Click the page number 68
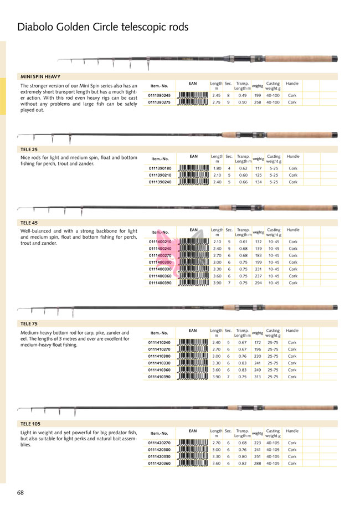point(20,492)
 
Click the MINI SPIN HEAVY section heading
point(40,76)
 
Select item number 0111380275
point(159,102)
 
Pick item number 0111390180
point(161,168)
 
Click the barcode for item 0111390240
point(193,182)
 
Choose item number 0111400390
point(161,282)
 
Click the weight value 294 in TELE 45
point(258,282)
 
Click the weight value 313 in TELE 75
point(258,377)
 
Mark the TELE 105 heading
point(30,424)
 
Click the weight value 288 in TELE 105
point(258,463)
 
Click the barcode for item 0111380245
point(193,95)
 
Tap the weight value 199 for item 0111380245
point(258,95)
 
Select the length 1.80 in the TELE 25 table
point(217,168)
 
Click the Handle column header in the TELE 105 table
point(293,431)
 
